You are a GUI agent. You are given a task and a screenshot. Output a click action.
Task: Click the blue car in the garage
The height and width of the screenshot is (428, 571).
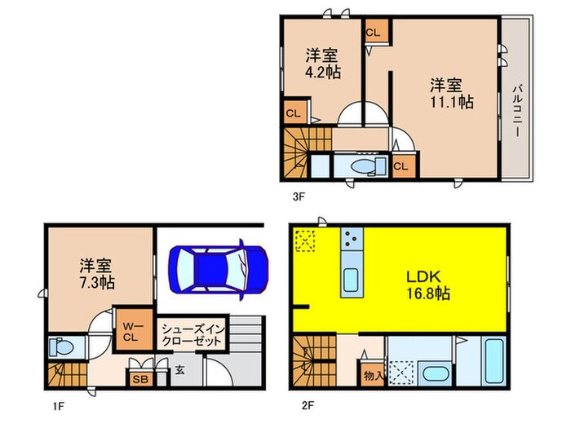(218, 267)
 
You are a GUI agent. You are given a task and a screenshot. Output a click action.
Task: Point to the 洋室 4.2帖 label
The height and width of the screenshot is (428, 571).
(323, 63)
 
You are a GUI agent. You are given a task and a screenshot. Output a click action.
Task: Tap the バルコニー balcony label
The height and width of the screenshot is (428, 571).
(517, 101)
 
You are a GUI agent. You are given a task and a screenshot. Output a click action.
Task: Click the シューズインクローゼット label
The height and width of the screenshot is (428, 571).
(192, 333)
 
